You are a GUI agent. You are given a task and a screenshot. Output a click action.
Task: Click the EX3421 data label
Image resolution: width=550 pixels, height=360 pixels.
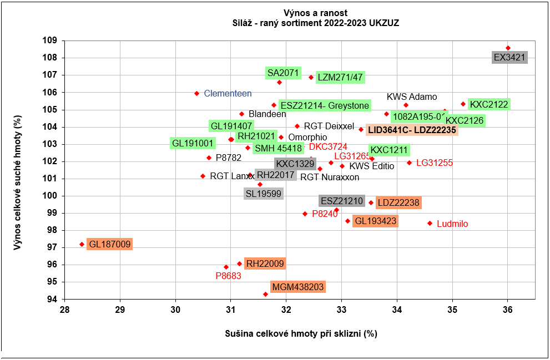click(x=509, y=57)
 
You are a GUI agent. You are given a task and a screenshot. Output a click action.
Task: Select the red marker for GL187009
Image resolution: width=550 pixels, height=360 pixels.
click(x=82, y=244)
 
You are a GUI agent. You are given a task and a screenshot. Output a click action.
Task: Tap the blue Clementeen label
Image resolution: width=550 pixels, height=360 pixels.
click(x=228, y=93)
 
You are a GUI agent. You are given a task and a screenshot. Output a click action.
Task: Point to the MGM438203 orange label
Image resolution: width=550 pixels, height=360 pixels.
click(x=297, y=287)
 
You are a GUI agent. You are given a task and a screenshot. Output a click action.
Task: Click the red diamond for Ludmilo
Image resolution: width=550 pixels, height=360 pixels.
click(x=430, y=223)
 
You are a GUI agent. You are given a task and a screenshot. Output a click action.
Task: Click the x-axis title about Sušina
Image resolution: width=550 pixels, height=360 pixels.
click(x=301, y=334)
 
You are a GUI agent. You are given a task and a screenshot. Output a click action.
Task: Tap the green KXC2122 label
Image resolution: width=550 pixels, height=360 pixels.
click(x=488, y=104)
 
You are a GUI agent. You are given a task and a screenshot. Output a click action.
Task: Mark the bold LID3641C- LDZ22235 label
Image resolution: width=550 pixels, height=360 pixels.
click(x=412, y=130)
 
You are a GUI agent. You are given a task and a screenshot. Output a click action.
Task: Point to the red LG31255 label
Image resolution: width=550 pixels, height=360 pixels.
click(x=435, y=163)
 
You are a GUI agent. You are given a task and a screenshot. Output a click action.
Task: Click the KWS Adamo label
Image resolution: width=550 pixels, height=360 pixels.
click(x=412, y=97)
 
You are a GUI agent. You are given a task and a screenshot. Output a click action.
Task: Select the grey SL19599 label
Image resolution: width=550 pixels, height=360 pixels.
click(x=264, y=194)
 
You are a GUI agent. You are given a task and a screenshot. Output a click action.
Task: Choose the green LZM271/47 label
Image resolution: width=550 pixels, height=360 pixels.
click(x=340, y=78)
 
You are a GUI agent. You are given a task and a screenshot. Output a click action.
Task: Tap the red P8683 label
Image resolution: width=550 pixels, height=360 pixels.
click(x=228, y=276)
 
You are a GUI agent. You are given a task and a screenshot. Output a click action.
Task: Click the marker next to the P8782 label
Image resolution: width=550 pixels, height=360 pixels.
click(x=209, y=158)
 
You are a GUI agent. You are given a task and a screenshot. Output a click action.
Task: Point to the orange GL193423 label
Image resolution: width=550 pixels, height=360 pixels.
click(x=376, y=221)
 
